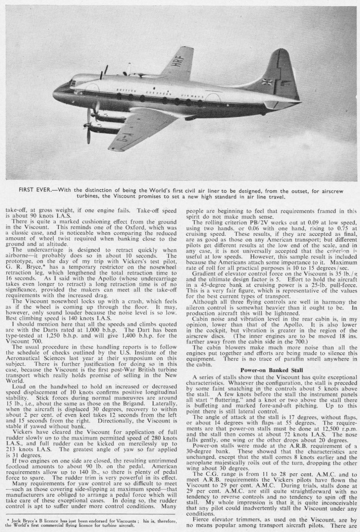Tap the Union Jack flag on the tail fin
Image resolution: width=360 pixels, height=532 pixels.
268,82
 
